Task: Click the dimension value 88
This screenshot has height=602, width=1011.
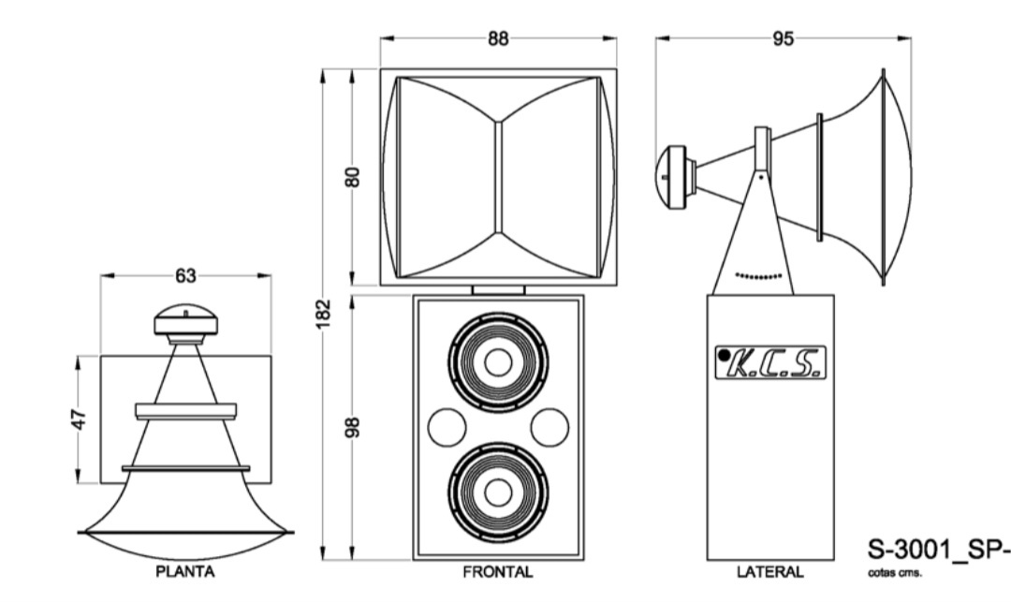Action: click(498, 38)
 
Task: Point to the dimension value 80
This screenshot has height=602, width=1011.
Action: click(353, 177)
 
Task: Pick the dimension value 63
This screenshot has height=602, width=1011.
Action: click(185, 275)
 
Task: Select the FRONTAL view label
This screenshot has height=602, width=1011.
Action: click(497, 572)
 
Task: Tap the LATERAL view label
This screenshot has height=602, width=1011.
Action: click(769, 572)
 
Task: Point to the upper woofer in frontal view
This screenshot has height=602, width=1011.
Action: click(498, 362)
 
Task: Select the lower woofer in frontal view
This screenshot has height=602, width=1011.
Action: click(498, 491)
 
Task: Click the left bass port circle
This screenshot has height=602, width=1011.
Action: click(447, 428)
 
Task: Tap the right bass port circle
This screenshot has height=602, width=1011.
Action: click(549, 428)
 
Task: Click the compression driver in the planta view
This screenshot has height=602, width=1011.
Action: click(186, 321)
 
